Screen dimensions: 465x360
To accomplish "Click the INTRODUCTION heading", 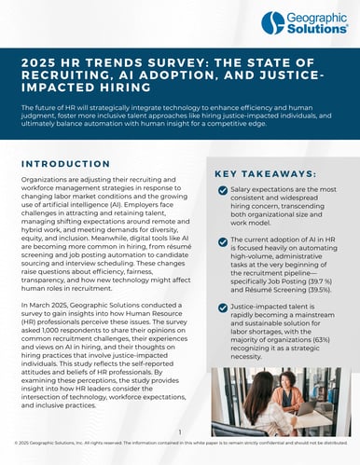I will click(x=66, y=163).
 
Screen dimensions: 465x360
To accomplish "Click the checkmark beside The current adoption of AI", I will click(x=222, y=244).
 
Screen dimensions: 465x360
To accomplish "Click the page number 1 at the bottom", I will click(x=180, y=431).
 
